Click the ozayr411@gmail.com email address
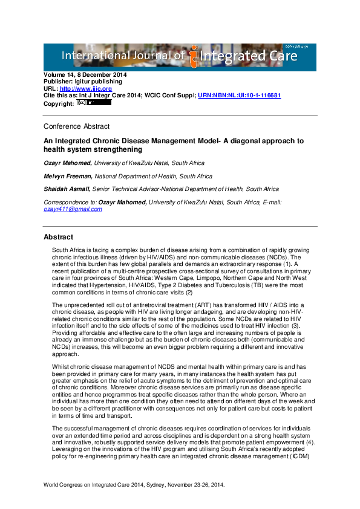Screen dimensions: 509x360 [x=73, y=209]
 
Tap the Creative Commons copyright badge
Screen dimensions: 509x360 [x=94, y=103]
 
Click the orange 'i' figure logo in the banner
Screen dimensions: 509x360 [x=193, y=56]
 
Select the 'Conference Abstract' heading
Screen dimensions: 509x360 [x=77, y=127]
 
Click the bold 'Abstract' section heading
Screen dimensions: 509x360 [x=58, y=236]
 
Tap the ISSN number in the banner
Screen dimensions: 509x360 [x=298, y=48]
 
